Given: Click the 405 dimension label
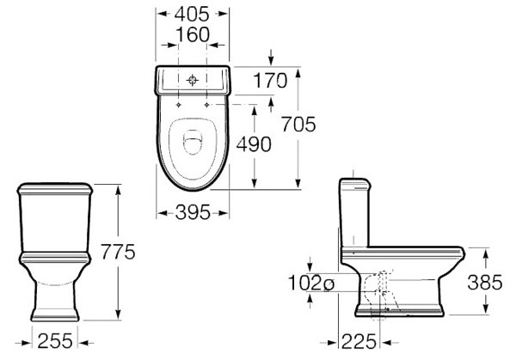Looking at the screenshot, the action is [x=192, y=14].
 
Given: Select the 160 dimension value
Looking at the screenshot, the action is [x=193, y=34].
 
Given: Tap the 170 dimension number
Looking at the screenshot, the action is [x=270, y=81].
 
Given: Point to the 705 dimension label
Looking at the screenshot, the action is [x=298, y=125].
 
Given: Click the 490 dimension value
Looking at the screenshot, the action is [x=254, y=144].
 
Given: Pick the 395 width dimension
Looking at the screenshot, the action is [x=193, y=212].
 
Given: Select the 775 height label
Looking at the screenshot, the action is [x=118, y=252].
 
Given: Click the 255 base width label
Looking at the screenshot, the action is [x=55, y=341].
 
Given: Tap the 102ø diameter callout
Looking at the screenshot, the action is [x=311, y=283].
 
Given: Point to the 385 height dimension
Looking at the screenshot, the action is [x=485, y=282].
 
